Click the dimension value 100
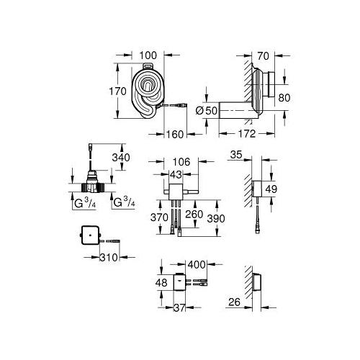148,55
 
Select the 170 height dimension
117,91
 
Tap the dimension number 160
175,135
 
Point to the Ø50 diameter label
206,111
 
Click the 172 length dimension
247,134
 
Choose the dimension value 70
263,56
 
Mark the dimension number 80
284,98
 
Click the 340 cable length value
121,158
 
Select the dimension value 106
181,162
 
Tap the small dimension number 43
176,175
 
